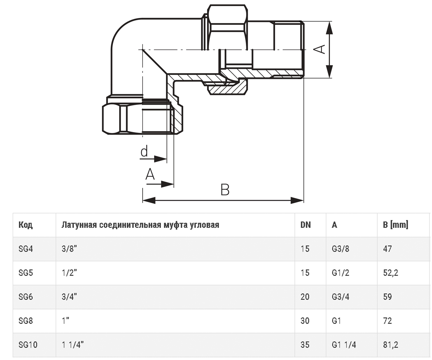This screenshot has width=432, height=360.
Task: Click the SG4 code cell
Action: pos(26,249)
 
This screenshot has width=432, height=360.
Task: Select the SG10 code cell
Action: pos(28,345)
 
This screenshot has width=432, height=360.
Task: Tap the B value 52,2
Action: pos(391,273)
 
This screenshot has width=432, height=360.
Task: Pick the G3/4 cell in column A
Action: pos(341,297)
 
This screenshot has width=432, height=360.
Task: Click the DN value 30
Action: pos(305,321)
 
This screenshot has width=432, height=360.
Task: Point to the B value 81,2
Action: pos(391,345)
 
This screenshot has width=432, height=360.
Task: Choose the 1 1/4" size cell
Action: pos(73,345)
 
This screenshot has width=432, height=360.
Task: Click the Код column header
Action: pos(26,225)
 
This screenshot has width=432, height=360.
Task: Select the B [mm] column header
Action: pos(396,225)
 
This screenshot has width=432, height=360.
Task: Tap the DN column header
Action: pos(306,225)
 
